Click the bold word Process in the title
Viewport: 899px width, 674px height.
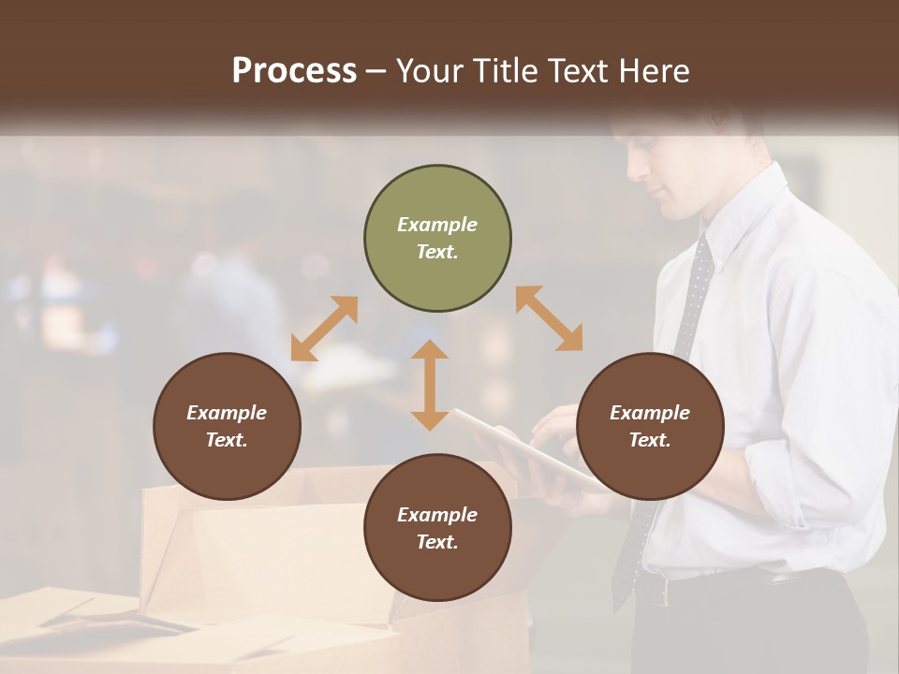point(294,71)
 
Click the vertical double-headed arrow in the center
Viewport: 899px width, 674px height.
point(430,385)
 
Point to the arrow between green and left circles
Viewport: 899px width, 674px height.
point(324,329)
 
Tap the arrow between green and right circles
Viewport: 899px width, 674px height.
point(550,318)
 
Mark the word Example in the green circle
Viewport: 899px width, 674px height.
point(437,225)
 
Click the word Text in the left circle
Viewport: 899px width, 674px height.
point(227,440)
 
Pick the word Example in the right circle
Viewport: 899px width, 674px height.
point(650,413)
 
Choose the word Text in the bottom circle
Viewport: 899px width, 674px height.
point(437,542)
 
